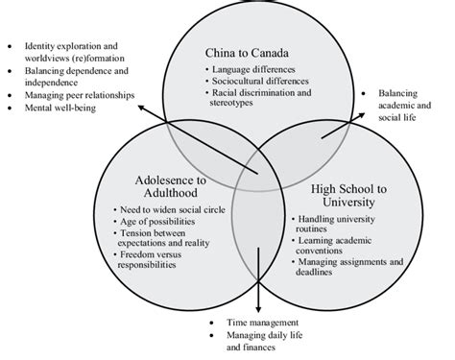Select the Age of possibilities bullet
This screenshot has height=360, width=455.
pos(159,222)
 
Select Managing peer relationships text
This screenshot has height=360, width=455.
pos(71,94)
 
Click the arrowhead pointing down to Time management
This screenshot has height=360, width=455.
pos(257,305)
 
